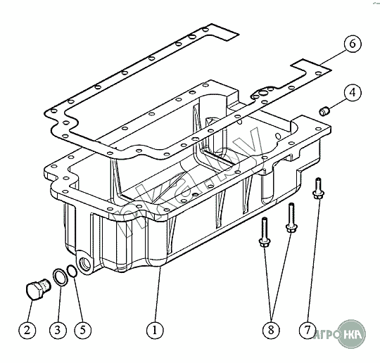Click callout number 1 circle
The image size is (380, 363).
click(x=155, y=330)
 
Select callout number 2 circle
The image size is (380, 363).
click(x=27, y=330)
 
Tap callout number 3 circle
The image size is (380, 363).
click(x=58, y=330)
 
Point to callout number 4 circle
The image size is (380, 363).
click(x=353, y=93)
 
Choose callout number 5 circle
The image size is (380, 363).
click(x=82, y=330)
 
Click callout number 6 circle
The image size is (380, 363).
click(x=353, y=44)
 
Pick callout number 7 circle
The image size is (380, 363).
click(x=308, y=330)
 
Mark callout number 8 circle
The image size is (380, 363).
click(x=271, y=330)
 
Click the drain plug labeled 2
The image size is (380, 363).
click(x=38, y=289)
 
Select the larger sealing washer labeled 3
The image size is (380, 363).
click(x=59, y=276)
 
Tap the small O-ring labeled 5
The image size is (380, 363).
click(x=72, y=271)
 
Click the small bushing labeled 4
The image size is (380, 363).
click(x=324, y=111)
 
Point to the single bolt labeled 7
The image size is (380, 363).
click(x=318, y=189)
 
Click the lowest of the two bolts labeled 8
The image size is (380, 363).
click(x=265, y=233)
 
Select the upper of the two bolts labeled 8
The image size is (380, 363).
click(x=291, y=218)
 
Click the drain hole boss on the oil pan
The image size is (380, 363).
click(x=84, y=263)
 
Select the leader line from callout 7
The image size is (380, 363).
click(x=313, y=260)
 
